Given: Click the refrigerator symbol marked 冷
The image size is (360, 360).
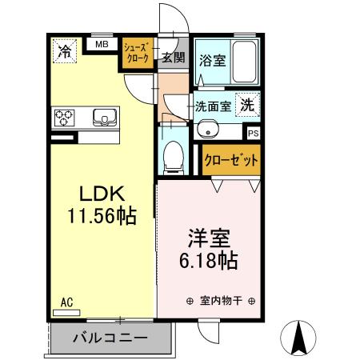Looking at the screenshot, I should (63, 51).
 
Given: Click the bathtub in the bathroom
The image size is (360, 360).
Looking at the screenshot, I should (242, 61).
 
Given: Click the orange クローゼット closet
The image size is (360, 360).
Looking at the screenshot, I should (231, 160).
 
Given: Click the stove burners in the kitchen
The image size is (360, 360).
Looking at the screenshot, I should (66, 118).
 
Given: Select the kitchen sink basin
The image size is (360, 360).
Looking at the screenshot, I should (105, 118).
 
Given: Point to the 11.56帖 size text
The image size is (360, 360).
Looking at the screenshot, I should (101, 216).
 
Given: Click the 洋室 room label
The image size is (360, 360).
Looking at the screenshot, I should (210, 238).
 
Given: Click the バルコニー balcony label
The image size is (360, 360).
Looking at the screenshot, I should (110, 338).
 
